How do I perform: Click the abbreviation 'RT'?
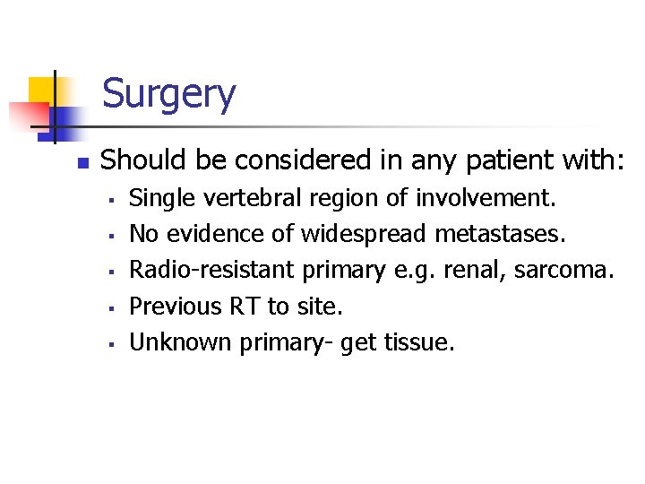click(245, 307)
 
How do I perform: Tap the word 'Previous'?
click(176, 307)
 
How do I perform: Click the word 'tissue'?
click(419, 342)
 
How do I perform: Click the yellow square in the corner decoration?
click(41, 90)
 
